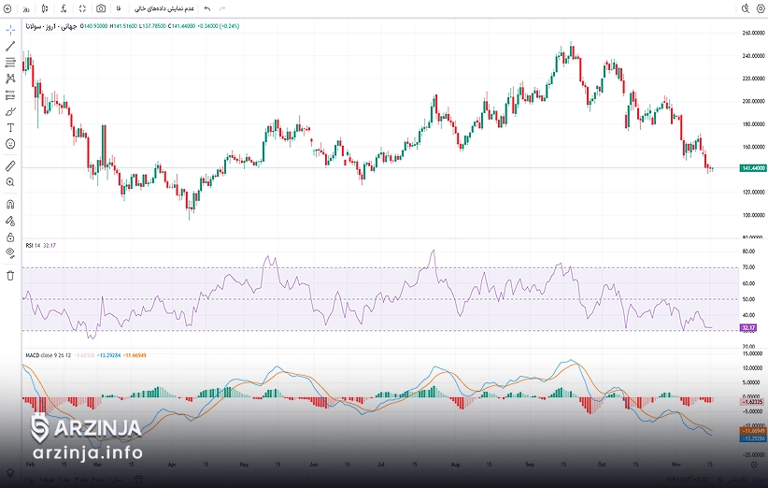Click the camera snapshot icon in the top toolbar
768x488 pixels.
101,7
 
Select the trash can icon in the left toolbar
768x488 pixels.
10,275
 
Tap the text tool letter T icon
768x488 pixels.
10,127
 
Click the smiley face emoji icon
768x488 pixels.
10,144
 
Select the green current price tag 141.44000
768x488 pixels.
753,167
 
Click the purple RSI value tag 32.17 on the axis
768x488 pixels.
747,328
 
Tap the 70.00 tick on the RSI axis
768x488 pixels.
749,267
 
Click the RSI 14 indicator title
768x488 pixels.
33,245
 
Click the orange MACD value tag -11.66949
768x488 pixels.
753,430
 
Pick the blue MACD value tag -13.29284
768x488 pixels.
753,438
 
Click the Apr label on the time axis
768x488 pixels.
171,463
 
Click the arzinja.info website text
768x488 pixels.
89,453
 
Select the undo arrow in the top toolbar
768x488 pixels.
206,7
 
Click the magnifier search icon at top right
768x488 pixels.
745,7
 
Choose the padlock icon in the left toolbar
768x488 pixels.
10,237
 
